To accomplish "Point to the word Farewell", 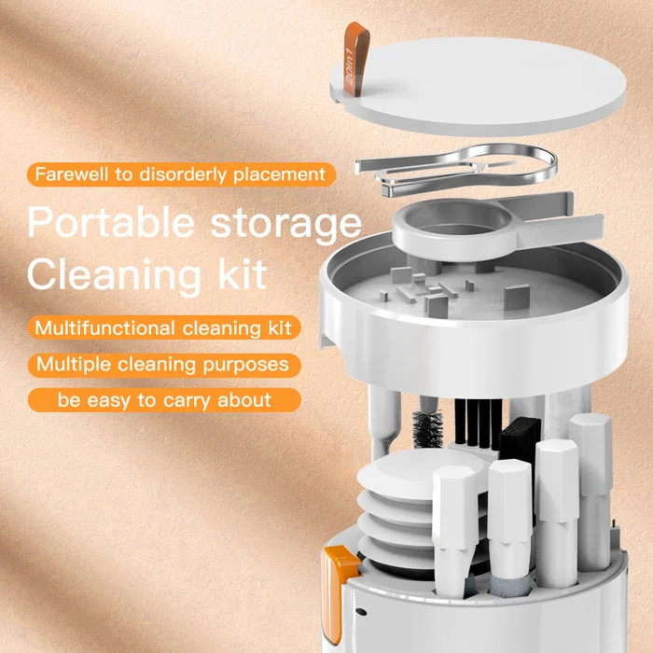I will click(73, 174).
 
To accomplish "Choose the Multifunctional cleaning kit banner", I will click(162, 327).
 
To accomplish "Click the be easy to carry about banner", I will click(163, 400).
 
